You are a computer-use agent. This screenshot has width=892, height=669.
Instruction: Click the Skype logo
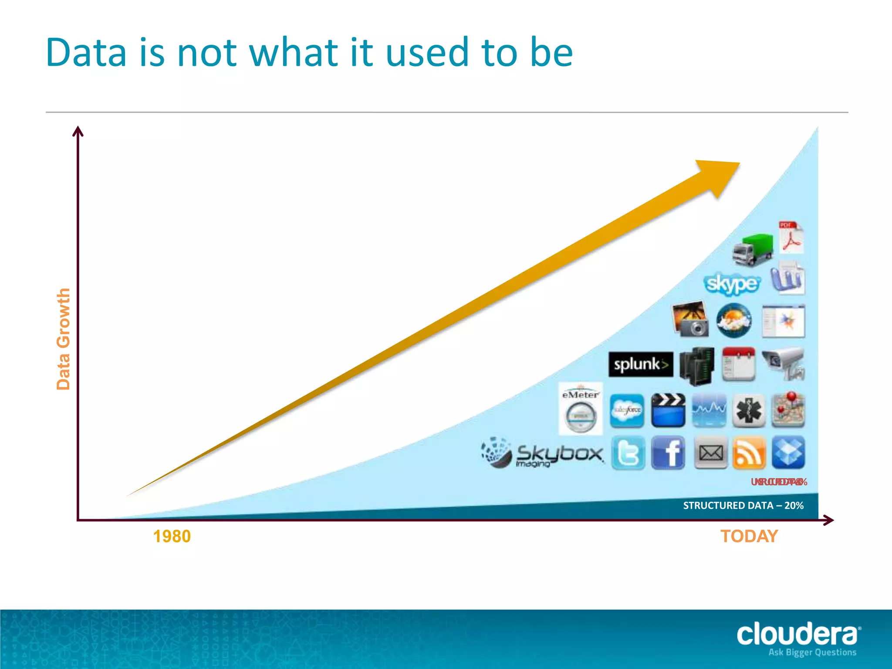point(732,284)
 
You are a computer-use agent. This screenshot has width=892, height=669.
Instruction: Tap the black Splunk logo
point(640,364)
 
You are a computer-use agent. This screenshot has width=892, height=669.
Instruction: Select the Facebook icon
point(668,453)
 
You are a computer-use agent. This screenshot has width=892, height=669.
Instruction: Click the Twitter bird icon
point(628,453)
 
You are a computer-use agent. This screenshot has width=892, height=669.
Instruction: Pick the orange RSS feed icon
point(749,453)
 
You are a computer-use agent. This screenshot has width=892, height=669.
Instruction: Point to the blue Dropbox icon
point(788,453)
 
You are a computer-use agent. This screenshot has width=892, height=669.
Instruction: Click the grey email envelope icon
point(710,453)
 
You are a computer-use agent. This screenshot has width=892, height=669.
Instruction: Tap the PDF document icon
point(791,238)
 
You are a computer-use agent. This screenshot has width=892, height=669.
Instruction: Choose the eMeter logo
point(581,409)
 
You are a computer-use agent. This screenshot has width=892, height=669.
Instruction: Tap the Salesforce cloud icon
point(627,410)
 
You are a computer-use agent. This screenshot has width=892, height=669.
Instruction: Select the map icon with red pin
point(788,409)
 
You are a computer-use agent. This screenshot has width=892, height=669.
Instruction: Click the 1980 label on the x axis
point(172,537)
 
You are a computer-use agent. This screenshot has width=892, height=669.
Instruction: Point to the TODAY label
point(749,536)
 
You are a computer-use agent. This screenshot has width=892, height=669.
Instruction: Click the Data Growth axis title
point(64,339)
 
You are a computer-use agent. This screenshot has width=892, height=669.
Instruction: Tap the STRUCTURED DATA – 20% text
point(743,505)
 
